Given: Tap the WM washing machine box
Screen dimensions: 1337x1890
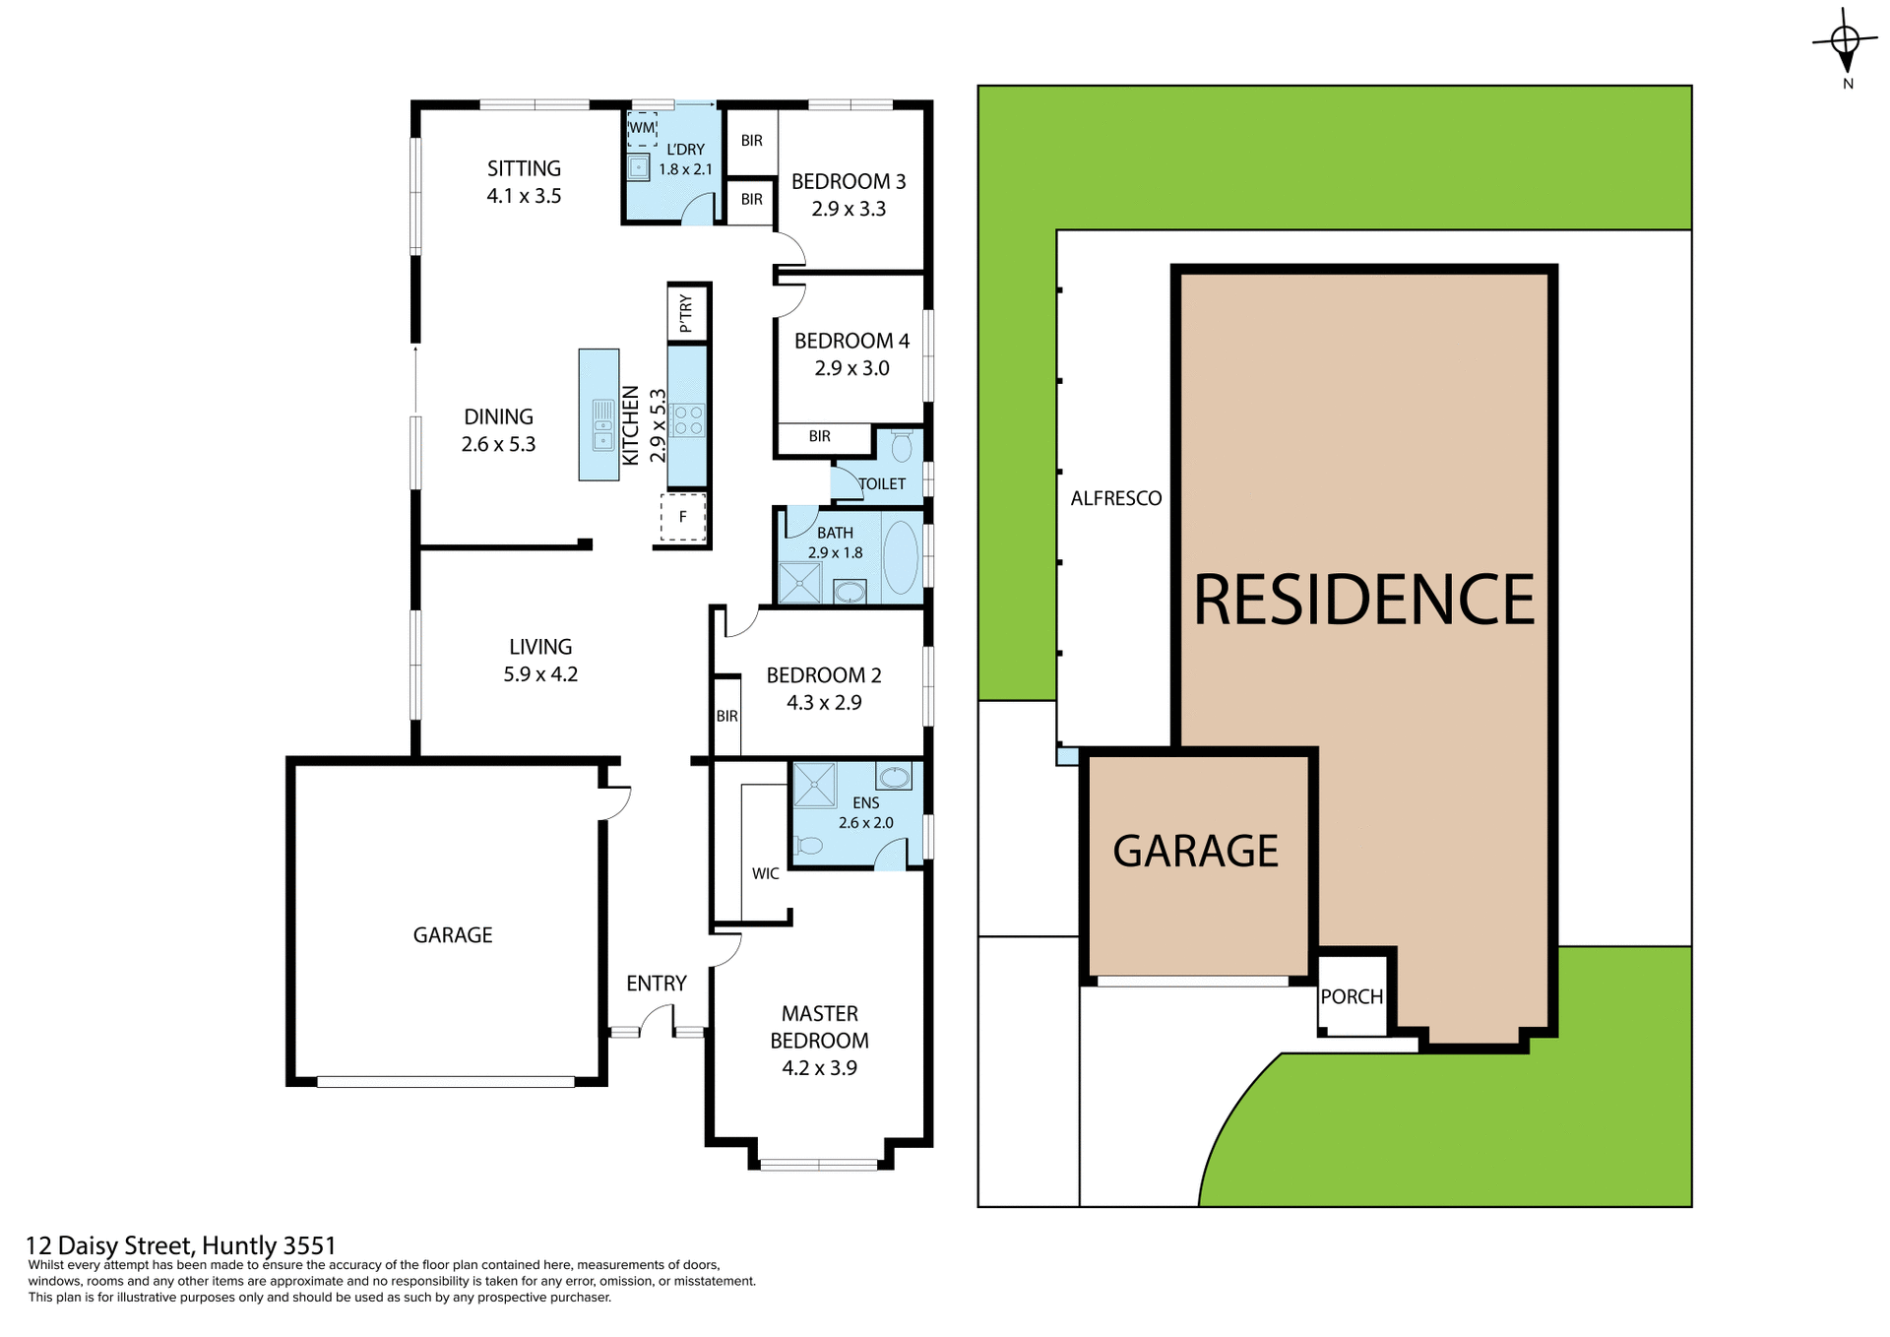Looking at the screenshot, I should point(642,128).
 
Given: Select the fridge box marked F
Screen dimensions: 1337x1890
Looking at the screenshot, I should point(683,517).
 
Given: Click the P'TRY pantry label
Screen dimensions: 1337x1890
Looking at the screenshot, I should point(686,313).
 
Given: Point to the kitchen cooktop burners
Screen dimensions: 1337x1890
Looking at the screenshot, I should point(688,420).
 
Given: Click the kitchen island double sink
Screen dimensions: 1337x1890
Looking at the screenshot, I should point(602,425).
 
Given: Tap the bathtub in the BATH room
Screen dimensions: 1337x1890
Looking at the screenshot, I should point(900,557).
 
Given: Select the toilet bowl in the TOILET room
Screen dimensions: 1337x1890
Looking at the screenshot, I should point(901,448).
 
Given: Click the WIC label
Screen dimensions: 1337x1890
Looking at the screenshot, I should point(765,873).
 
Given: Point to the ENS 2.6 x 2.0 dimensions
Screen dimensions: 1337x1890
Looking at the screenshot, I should point(865,823).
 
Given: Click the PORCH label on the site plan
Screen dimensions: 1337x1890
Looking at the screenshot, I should point(1352,996).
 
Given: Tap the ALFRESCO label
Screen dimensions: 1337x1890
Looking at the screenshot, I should point(1116,498).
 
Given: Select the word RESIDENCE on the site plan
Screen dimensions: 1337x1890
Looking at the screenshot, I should point(1363,600).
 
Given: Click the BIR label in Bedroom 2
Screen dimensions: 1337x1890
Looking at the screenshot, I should point(726,716).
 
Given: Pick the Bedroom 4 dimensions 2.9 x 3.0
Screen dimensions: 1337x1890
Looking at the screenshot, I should point(851,368).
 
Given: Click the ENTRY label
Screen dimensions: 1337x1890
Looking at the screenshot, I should point(656,984).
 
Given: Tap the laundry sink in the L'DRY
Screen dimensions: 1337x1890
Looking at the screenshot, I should point(639,167).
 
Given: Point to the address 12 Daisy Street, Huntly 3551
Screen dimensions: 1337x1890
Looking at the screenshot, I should point(181,1246).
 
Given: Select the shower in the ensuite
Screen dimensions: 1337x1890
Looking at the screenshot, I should point(814,785).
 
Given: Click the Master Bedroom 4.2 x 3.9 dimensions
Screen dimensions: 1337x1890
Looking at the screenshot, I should point(819,1068).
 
